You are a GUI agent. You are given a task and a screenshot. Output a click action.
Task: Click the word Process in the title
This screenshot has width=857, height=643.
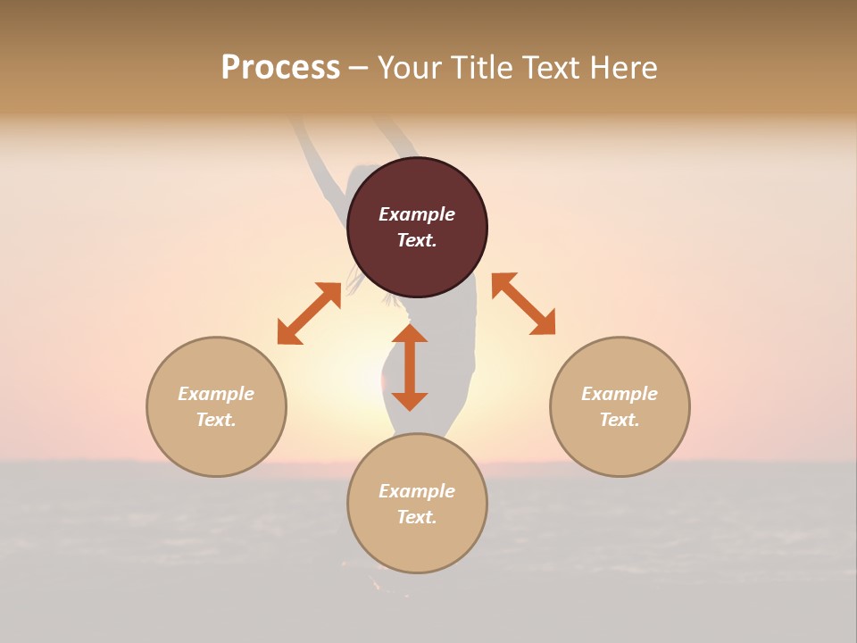(x=280, y=68)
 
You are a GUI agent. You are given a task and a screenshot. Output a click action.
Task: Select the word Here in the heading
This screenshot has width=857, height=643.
(x=622, y=68)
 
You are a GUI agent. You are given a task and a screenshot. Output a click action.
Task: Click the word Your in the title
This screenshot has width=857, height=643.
(x=410, y=68)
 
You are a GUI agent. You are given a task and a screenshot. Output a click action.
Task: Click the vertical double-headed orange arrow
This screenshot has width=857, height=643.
(x=410, y=367)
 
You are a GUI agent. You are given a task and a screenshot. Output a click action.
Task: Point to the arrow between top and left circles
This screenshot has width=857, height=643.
(x=309, y=313)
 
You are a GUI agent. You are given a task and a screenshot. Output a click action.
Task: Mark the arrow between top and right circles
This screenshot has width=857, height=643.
(x=523, y=304)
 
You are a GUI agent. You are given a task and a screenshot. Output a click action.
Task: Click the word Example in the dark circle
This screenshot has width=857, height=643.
(x=417, y=214)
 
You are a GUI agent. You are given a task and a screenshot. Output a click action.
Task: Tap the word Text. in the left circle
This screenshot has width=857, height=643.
(x=216, y=420)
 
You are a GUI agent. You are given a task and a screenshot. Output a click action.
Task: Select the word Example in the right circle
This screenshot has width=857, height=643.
(x=620, y=394)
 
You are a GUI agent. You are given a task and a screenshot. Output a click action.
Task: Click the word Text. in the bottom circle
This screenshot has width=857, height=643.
(x=417, y=517)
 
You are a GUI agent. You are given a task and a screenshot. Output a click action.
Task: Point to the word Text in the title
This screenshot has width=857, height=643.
(x=552, y=68)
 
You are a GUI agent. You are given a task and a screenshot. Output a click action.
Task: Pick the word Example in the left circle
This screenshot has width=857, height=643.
(x=216, y=394)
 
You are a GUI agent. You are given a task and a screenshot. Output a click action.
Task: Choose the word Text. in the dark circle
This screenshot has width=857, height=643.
(x=417, y=240)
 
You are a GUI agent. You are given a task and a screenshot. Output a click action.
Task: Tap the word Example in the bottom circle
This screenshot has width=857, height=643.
(x=417, y=491)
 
